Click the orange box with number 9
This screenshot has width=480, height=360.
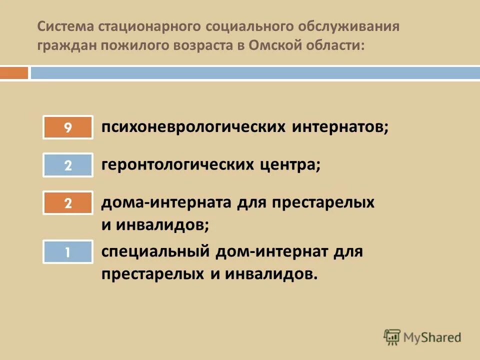tap(68, 127)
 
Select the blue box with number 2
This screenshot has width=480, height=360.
tap(68, 165)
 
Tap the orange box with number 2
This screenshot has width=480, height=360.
tap(68, 202)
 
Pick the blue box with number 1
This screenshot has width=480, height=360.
tap(68, 252)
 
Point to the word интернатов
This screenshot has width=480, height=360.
tap(340, 127)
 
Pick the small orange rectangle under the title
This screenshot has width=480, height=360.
tap(14, 73)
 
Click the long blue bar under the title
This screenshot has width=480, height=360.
tap(255, 73)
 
